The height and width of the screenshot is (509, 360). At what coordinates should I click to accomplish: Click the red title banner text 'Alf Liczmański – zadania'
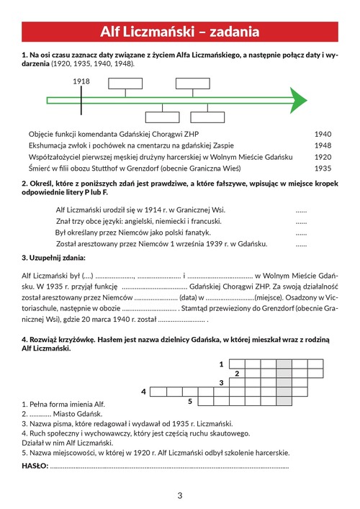click(180, 32)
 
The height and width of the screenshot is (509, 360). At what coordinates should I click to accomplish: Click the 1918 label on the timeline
click(81, 81)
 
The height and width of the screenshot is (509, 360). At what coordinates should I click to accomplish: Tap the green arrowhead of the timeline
click(298, 100)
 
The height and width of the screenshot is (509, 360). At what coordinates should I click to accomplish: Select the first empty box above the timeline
click(125, 84)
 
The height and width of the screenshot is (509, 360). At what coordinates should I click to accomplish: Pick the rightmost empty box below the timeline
click(207, 117)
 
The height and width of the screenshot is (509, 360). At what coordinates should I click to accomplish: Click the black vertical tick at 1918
click(81, 100)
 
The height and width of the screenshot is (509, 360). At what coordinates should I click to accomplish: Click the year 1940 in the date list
click(323, 134)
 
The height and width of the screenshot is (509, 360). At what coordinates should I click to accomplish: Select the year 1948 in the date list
click(323, 145)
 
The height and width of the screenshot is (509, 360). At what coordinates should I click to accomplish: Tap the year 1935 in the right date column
click(323, 168)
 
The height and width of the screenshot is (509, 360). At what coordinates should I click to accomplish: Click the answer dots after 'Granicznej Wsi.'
click(301, 211)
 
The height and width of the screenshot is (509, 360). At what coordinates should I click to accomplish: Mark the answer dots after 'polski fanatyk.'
click(301, 234)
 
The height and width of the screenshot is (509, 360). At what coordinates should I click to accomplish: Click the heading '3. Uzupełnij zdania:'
click(53, 258)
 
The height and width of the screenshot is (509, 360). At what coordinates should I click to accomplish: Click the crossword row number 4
click(143, 392)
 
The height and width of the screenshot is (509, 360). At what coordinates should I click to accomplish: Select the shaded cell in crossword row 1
click(284, 364)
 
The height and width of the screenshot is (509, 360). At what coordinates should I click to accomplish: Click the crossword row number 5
click(190, 402)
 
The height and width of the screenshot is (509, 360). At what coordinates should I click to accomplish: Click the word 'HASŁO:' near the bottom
click(35, 466)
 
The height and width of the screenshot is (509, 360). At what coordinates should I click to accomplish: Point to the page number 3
click(180, 495)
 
